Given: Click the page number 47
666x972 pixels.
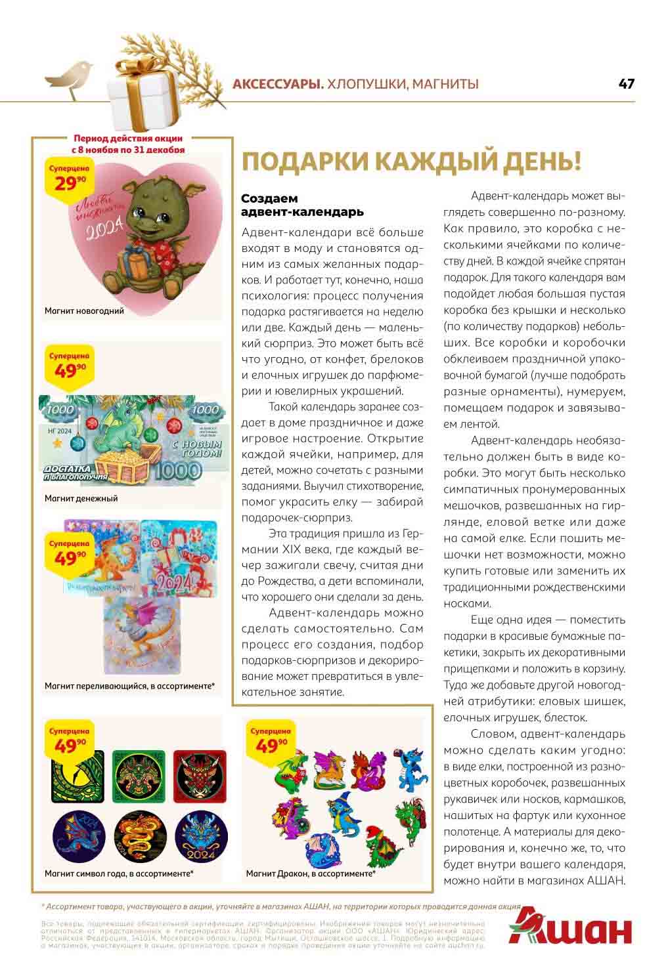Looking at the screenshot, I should [x=626, y=83].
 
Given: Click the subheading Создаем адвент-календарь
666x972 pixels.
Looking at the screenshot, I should [x=302, y=205].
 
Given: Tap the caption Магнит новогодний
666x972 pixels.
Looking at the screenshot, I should [x=84, y=310].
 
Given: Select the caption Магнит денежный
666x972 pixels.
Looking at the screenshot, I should [x=81, y=498].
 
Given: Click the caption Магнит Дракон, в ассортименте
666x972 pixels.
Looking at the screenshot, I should [x=311, y=874].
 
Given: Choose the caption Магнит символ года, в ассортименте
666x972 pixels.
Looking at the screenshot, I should [x=119, y=874].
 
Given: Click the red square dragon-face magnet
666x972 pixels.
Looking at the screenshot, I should [x=199, y=776].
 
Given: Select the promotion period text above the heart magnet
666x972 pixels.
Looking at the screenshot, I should [x=128, y=144].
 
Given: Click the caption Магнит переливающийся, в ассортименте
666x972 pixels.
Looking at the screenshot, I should [x=129, y=686].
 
